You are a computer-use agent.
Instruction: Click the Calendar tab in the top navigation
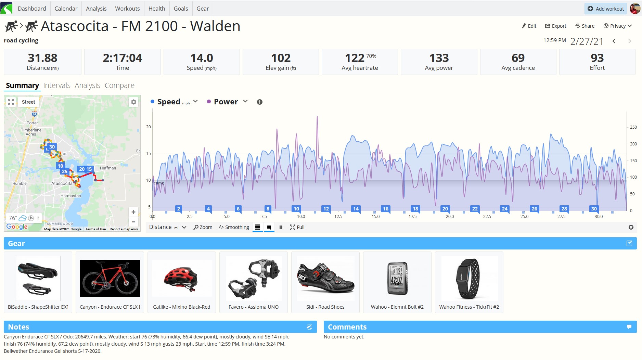(66, 9)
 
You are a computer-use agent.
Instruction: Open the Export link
(555, 26)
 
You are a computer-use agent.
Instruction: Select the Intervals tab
(57, 86)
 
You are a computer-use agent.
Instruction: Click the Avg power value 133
(439, 58)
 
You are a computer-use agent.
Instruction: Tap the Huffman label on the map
(108, 168)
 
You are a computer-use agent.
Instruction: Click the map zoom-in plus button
(133, 212)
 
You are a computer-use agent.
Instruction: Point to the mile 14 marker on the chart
(356, 209)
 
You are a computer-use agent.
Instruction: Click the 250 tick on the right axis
(633, 127)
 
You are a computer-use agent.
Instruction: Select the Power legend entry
(226, 102)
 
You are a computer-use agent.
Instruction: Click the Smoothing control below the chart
(234, 227)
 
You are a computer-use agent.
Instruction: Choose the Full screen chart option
(297, 227)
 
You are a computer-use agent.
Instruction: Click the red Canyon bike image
(110, 278)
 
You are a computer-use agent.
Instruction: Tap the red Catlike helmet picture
(182, 278)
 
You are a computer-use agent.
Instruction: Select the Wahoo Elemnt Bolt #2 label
(397, 307)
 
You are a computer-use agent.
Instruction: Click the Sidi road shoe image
(325, 278)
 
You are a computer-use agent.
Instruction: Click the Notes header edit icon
(309, 327)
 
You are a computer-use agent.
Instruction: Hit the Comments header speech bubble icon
(629, 327)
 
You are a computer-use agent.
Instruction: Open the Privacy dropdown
(618, 26)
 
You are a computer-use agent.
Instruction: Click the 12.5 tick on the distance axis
(338, 217)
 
